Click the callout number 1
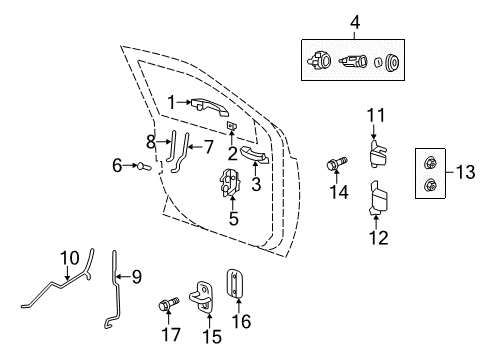coord(171,101)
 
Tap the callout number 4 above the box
coord(352,20)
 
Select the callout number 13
coord(463,174)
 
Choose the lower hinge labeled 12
coord(378,198)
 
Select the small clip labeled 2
coord(232,126)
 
